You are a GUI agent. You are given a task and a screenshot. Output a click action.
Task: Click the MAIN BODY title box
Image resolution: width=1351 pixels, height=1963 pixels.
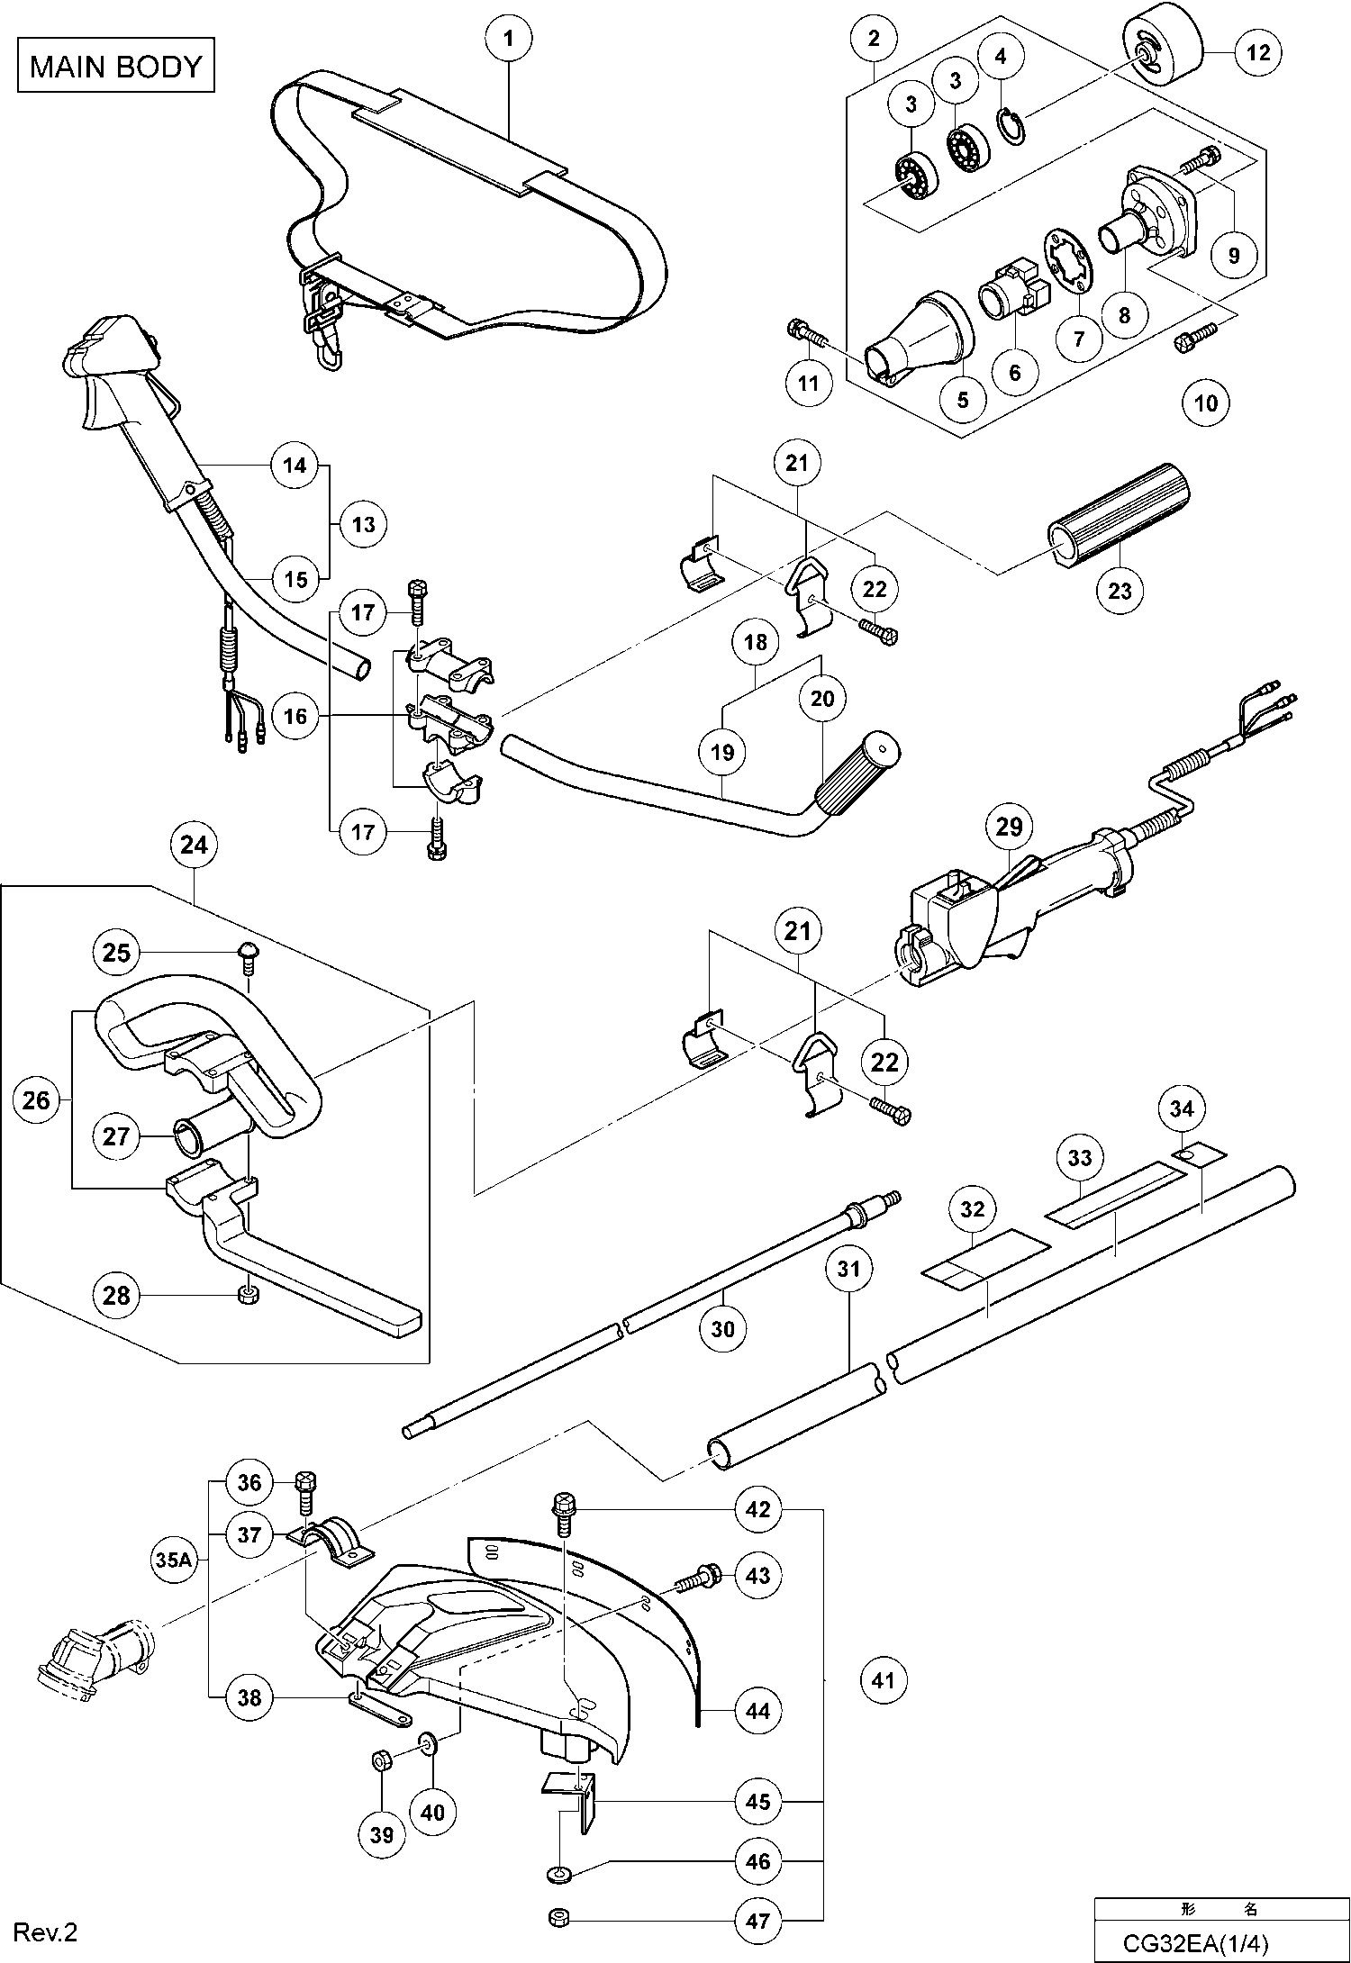(116, 66)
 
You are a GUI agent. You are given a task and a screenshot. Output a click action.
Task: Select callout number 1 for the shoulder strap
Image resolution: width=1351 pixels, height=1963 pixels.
(508, 39)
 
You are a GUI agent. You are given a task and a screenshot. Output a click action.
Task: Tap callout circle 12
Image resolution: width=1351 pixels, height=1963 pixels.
(1257, 53)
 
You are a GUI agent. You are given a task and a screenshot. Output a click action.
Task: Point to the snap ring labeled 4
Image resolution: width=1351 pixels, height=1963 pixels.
(1012, 125)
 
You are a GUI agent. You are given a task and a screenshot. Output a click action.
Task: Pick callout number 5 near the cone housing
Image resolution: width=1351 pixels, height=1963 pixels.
(963, 399)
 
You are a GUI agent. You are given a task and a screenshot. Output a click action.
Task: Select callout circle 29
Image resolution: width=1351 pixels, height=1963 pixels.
(1009, 826)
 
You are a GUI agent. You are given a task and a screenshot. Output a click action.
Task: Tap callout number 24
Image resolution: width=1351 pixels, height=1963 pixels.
(194, 845)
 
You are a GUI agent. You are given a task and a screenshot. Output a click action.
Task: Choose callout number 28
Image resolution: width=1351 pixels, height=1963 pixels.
(116, 1296)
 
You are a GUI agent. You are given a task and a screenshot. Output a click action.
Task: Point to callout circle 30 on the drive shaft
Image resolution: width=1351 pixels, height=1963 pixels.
(722, 1328)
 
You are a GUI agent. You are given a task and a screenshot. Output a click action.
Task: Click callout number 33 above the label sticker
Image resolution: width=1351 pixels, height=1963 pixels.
(1079, 1157)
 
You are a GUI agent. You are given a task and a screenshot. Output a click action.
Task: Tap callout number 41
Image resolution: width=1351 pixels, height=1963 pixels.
(884, 1679)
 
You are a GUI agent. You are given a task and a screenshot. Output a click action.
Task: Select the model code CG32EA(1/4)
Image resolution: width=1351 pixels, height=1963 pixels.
(1194, 1943)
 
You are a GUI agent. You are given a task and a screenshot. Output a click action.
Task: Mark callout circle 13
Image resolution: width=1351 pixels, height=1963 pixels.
(364, 524)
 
